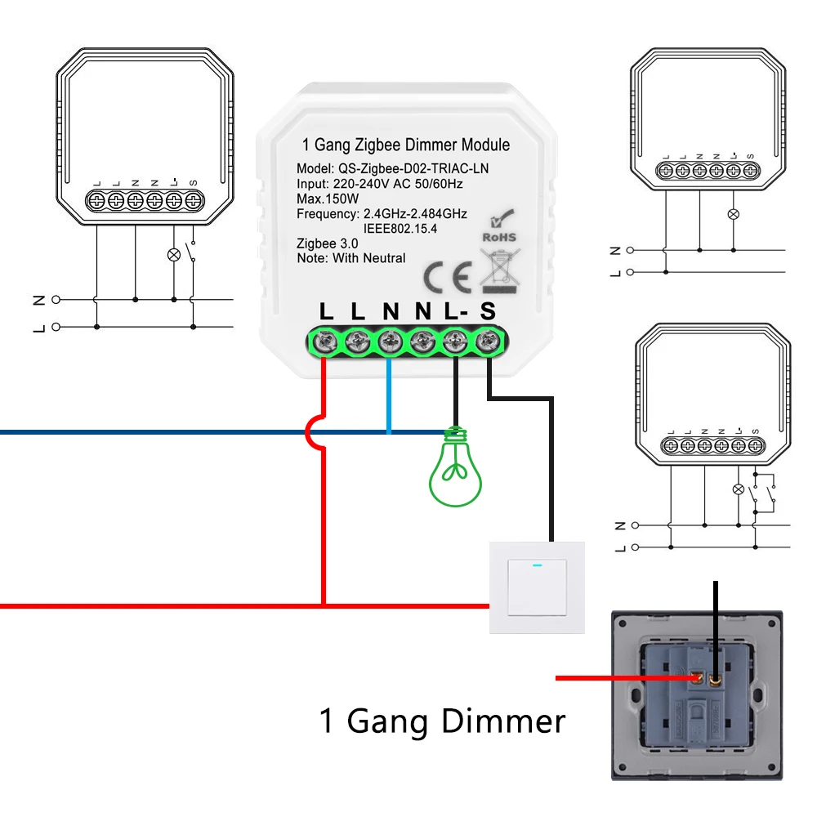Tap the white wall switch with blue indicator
tap(537, 587)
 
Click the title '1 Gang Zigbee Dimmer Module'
tap(406, 145)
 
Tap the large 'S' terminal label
tap(488, 311)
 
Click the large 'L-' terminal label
tap(456, 311)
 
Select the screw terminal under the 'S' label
tap(488, 341)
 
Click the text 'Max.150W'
tap(328, 199)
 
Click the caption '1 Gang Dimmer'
tap(442, 721)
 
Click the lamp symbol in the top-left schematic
tap(173, 254)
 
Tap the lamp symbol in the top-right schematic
tap(733, 215)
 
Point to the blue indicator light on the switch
tap(537, 563)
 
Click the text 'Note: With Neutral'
tap(351, 258)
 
